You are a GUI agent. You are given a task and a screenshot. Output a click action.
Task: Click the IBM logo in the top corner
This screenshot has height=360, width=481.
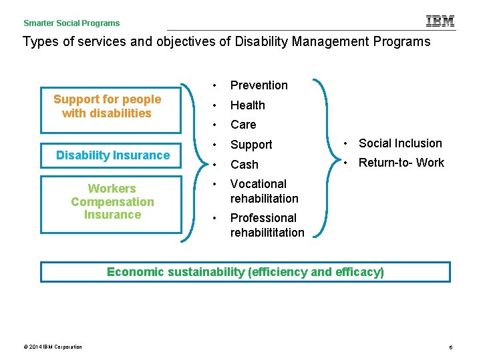pos(440,21)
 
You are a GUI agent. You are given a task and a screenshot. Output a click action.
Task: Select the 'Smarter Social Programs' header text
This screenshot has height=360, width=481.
pos(71,23)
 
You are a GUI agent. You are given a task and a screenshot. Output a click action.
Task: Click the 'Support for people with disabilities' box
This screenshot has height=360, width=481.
pos(108,106)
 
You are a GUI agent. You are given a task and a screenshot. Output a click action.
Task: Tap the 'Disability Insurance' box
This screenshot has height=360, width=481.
pos(112,155)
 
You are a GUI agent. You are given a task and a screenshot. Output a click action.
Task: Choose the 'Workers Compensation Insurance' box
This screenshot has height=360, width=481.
pos(112,202)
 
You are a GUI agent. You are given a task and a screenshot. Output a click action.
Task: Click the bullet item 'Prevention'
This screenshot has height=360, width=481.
pos(259,85)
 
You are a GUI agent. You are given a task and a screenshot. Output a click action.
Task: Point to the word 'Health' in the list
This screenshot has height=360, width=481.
pos(247,105)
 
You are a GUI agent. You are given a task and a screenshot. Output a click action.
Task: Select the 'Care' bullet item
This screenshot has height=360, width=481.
pos(243,125)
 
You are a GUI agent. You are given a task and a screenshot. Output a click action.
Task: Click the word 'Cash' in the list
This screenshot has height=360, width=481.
pos(244,165)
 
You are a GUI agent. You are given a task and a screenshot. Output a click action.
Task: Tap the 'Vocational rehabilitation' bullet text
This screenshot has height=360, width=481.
pos(264,191)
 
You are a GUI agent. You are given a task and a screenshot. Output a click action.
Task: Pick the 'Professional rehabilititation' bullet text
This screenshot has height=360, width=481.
pos(267,225)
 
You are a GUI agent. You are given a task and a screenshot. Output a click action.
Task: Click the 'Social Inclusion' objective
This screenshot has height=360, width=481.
pos(400,143)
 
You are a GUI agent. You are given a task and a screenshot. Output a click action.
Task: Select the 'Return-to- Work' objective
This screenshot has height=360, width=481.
pos(401,163)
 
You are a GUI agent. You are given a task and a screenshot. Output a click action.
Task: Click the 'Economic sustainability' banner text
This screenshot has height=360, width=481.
pos(245,272)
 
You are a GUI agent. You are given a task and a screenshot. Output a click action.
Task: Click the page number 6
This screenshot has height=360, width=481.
pos(451,347)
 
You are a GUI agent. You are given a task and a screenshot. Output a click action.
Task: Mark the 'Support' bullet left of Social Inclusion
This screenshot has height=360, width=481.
pos(251,145)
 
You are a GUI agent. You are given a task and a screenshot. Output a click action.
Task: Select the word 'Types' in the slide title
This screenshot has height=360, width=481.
pos(38,42)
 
